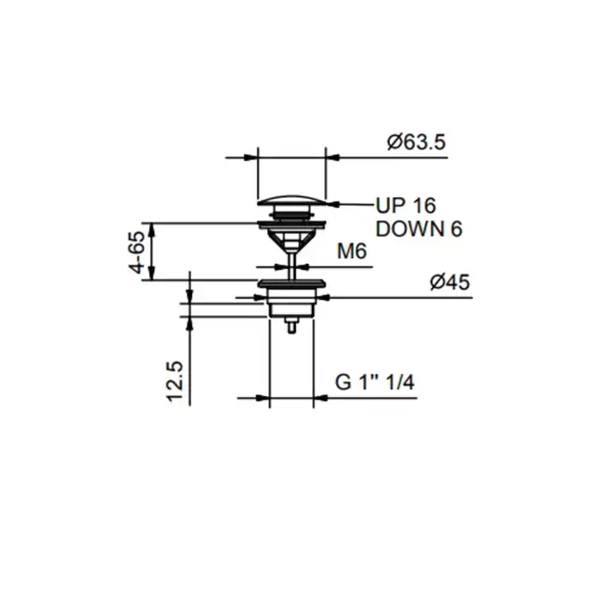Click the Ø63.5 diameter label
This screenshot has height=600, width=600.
[x=417, y=142]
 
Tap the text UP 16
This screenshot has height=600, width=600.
[x=406, y=206]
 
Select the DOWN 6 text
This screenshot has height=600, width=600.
[x=419, y=229]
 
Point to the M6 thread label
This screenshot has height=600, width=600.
[x=351, y=251]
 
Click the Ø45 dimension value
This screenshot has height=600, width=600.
[x=450, y=282]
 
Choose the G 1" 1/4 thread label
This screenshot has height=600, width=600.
[x=375, y=382]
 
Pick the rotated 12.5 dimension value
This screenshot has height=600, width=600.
[x=175, y=381]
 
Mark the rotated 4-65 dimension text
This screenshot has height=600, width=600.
[x=137, y=252]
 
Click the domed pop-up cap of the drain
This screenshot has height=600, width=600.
[x=291, y=201]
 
